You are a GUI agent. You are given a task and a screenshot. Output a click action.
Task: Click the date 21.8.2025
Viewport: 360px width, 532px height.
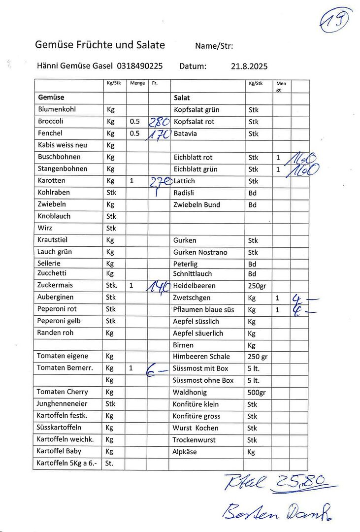click(249, 66)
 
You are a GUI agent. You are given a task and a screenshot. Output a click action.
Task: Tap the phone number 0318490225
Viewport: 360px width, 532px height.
click(140, 66)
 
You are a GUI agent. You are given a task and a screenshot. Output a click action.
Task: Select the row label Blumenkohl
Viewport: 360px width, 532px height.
click(57, 109)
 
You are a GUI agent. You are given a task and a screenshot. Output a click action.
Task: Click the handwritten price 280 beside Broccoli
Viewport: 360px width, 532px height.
click(160, 122)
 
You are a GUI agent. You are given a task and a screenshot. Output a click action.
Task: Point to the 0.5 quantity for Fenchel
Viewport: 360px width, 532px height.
click(134, 133)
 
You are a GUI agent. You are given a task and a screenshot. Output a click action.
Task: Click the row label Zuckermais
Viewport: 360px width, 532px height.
click(55, 285)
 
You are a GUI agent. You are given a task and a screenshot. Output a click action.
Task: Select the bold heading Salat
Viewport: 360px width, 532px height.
click(182, 98)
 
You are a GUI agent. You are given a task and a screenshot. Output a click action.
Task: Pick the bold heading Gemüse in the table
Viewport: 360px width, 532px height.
click(51, 98)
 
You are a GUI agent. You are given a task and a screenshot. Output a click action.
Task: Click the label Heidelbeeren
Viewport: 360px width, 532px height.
click(194, 286)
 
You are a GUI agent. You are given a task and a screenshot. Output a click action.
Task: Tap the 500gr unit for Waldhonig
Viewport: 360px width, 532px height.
click(257, 393)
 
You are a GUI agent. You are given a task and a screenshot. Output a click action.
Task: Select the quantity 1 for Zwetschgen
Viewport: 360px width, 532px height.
click(278, 298)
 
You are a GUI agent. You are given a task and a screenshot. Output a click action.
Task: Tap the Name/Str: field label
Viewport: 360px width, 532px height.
click(214, 46)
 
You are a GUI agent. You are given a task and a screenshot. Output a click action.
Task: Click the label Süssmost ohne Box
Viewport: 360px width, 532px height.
click(203, 380)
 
